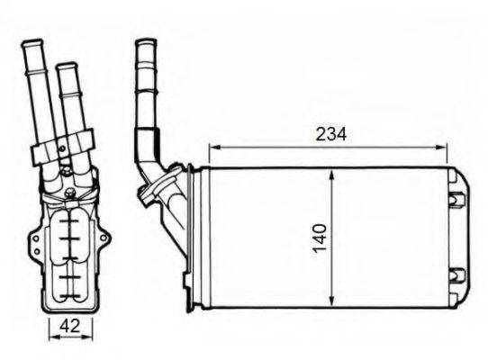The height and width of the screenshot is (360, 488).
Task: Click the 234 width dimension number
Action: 330,134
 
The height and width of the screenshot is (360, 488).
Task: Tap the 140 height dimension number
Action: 321,237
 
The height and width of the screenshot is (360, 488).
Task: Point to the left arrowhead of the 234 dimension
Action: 212,147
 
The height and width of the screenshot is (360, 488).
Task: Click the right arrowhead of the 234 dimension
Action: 444,147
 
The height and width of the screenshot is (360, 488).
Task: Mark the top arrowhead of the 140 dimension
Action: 333,173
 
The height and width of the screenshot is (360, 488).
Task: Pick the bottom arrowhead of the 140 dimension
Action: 333,302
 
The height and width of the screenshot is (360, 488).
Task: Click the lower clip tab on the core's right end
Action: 455,273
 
